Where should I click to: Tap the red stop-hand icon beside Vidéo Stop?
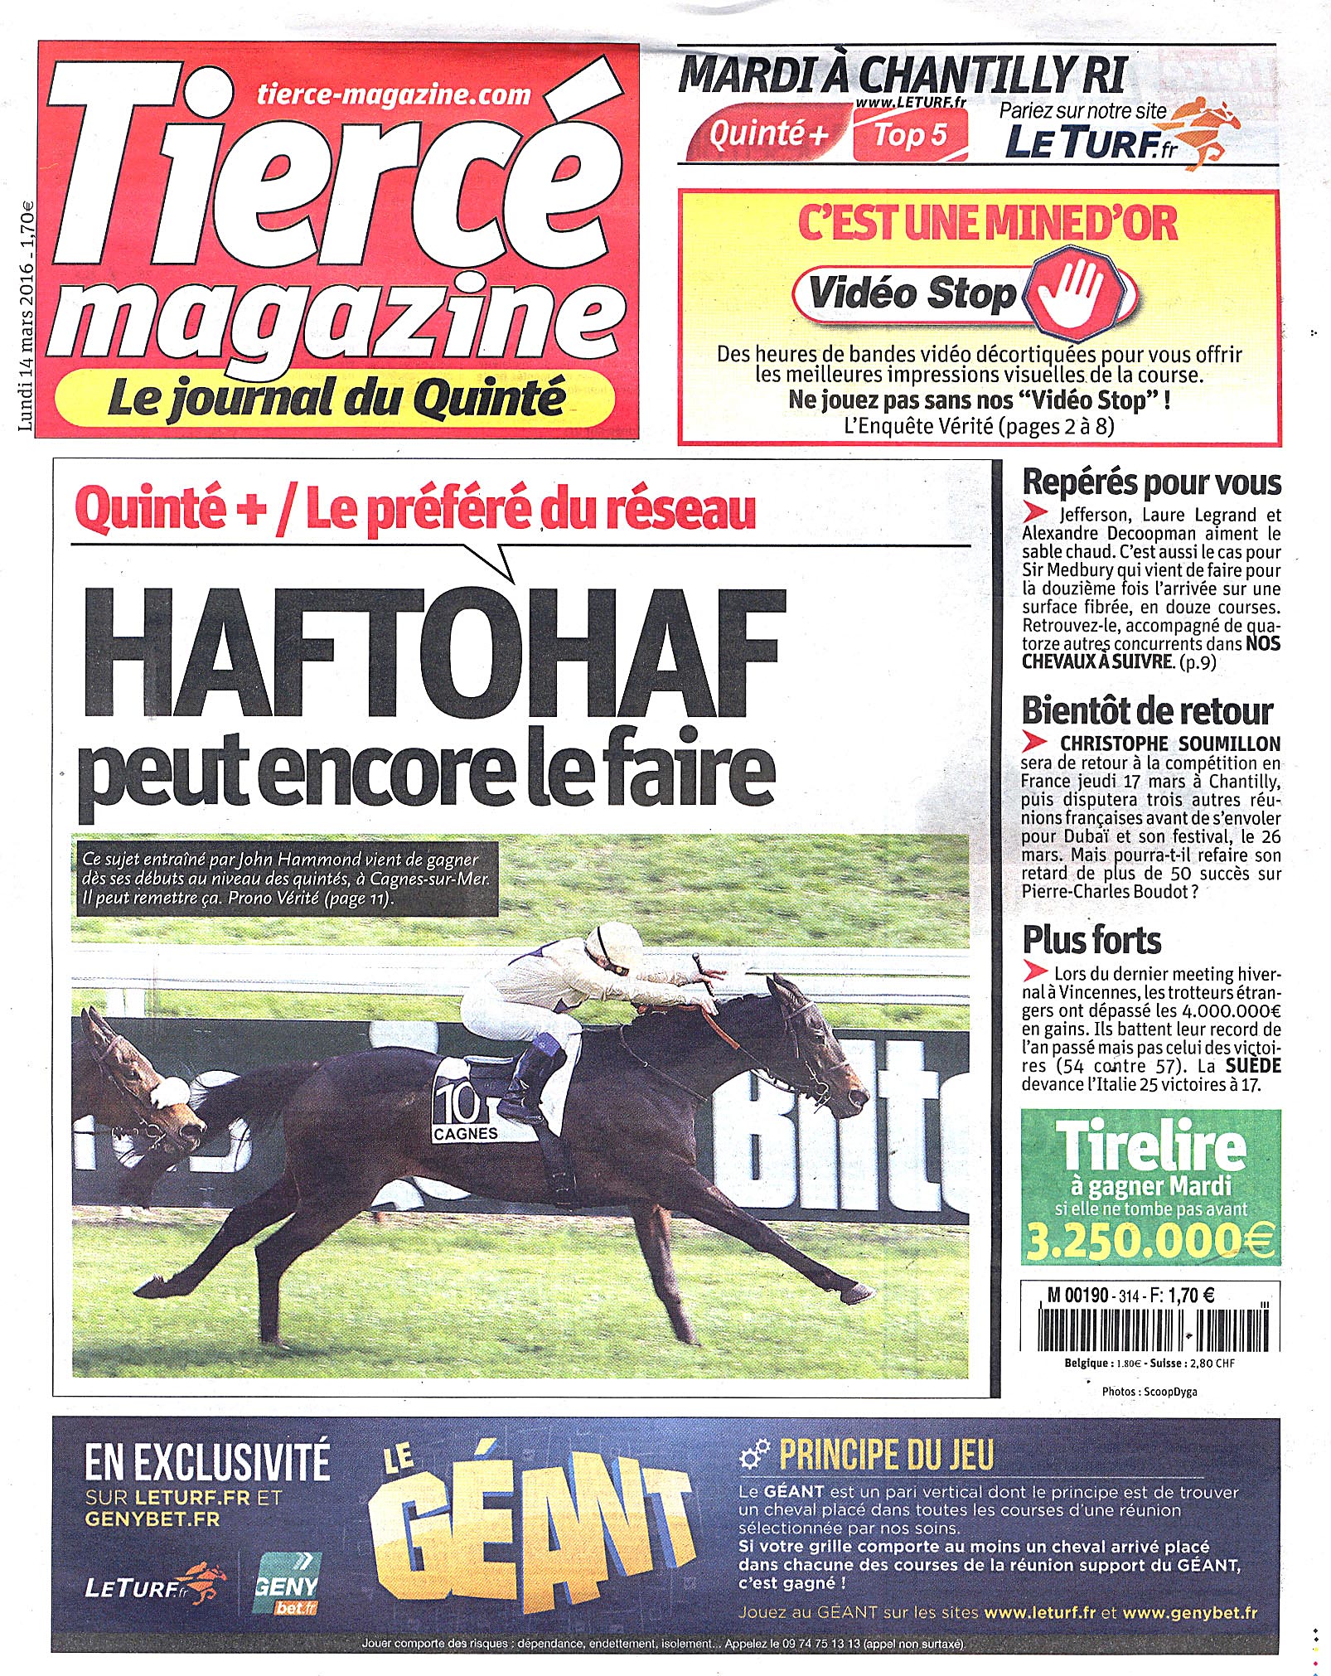(1077, 292)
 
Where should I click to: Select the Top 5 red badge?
(910, 135)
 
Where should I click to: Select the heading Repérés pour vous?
(1151, 482)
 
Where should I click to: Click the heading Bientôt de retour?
(1147, 711)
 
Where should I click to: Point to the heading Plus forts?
(1091, 940)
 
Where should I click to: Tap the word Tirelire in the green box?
(1150, 1146)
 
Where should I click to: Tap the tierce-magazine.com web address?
(394, 94)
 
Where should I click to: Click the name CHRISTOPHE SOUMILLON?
(1169, 744)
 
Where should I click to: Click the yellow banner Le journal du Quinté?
(336, 400)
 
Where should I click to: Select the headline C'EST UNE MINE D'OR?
(987, 225)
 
